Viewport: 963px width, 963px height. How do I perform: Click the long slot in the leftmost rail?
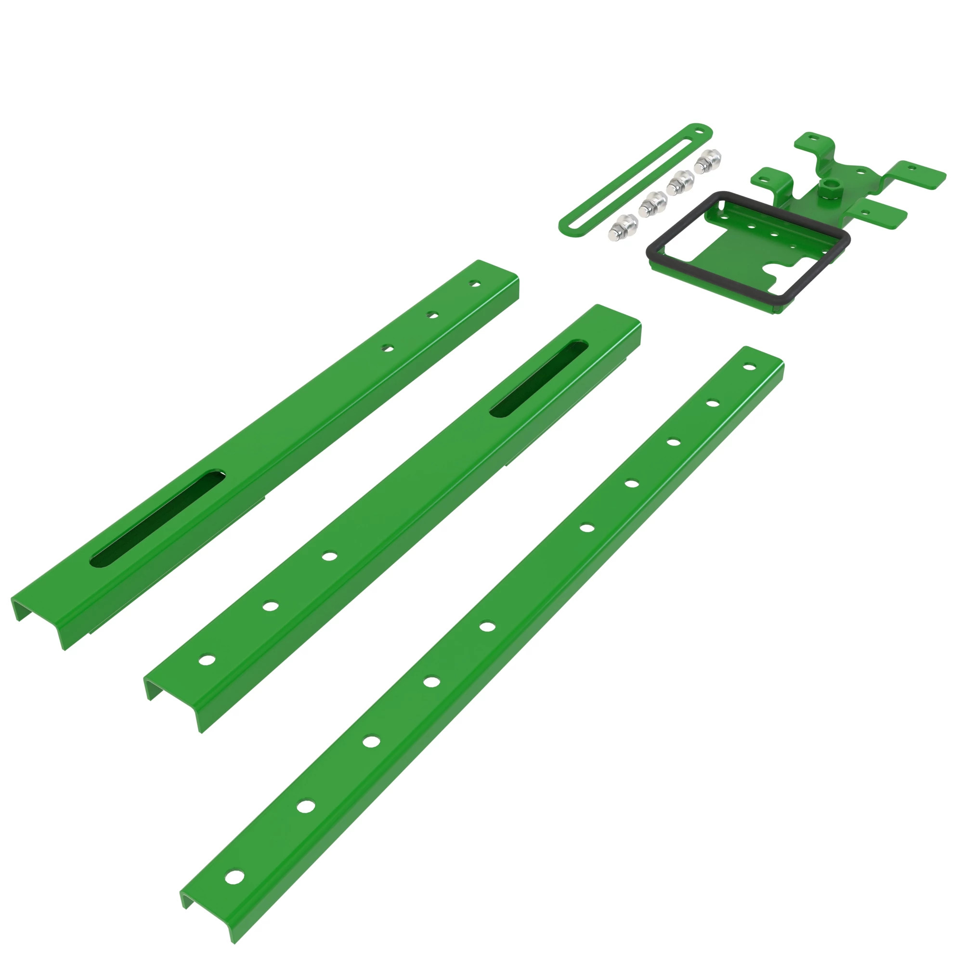coord(157,518)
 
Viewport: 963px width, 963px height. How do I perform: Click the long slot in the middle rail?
coord(539,378)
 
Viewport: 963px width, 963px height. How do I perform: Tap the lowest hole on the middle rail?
coord(207,660)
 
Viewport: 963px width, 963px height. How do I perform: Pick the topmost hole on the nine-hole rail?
coord(748,367)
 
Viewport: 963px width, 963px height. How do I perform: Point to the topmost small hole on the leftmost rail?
coord(476,285)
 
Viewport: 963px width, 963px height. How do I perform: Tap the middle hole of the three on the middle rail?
coord(271,607)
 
